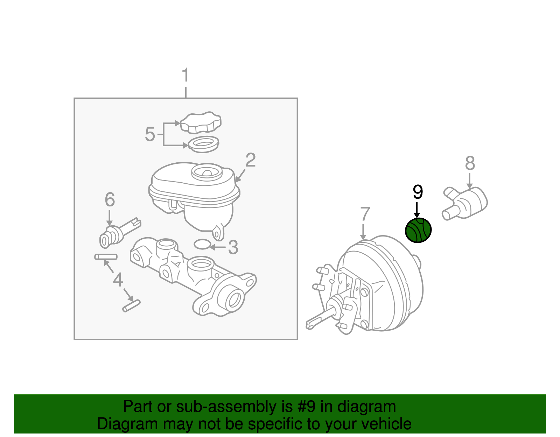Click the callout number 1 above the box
[185, 75]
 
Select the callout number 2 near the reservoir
[251, 160]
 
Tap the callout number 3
[233, 247]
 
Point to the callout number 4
[118, 280]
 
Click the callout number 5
[150, 134]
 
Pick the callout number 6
[110, 200]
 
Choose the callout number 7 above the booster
[365, 214]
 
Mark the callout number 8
[470, 163]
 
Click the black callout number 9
[418, 192]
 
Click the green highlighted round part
[418, 230]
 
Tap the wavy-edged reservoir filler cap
[201, 123]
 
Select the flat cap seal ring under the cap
[203, 144]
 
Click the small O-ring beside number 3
[202, 244]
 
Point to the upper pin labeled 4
[106, 257]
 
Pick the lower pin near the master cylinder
[132, 306]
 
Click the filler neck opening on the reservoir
[207, 172]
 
